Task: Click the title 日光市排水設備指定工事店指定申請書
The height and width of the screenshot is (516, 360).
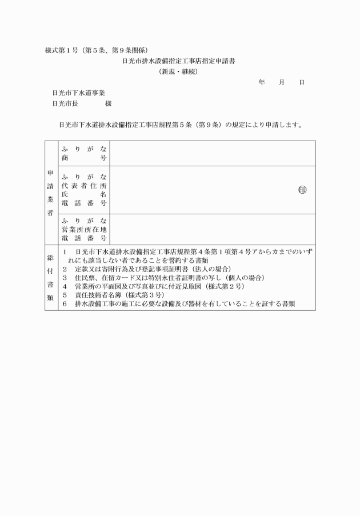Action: (x=179, y=61)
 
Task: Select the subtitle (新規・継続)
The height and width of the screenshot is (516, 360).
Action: (x=179, y=71)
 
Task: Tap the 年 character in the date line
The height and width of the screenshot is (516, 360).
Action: (x=261, y=82)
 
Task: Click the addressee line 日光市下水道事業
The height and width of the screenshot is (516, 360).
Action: (x=78, y=93)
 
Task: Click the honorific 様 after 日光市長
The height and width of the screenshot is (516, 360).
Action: (x=108, y=103)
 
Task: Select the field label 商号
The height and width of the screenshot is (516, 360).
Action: (x=83, y=157)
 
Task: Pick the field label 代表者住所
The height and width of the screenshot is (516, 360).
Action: (x=83, y=186)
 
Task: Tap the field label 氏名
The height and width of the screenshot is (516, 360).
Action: (x=83, y=194)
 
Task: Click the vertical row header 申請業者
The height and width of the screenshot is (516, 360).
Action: (x=51, y=192)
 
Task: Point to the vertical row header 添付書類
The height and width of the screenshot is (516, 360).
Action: (x=51, y=278)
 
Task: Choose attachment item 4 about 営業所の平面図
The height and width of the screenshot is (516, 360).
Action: (x=154, y=287)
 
